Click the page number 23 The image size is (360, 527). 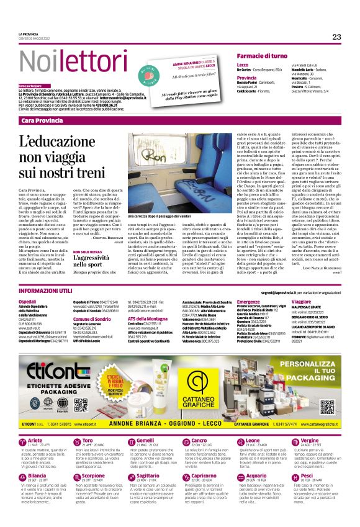[337, 37]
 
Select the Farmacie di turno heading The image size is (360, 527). [268, 56]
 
